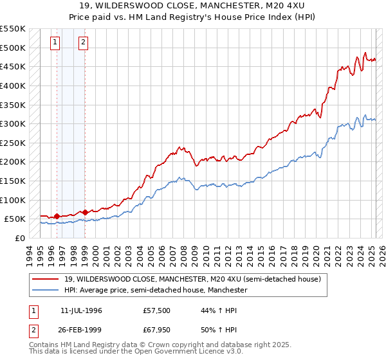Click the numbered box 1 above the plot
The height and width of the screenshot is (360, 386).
pyautogui.click(x=55, y=43)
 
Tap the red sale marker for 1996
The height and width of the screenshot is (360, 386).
pyautogui.click(x=57, y=216)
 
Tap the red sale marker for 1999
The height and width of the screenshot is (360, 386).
pyautogui.click(x=85, y=212)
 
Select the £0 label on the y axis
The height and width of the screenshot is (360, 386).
pyautogui.click(x=19, y=238)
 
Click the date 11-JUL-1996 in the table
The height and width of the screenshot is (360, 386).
pyautogui.click(x=81, y=310)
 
